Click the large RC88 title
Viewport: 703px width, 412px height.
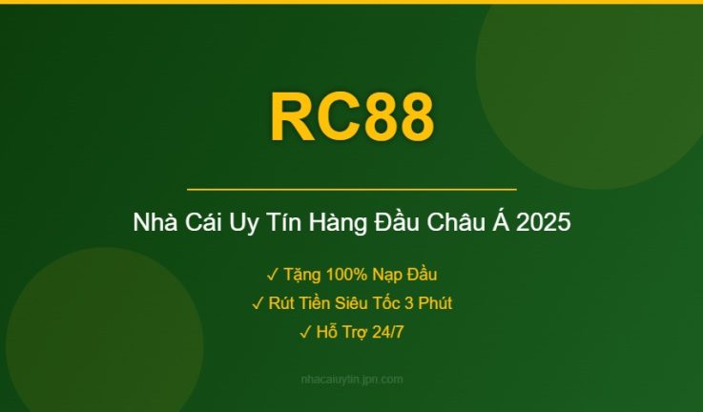[351, 118]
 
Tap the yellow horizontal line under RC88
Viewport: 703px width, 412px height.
[351, 190]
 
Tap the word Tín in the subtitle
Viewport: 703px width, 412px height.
[278, 224]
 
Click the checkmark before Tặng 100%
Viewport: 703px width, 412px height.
[272, 275]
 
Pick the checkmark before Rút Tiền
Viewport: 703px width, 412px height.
[258, 303]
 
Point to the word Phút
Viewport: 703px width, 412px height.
[431, 303]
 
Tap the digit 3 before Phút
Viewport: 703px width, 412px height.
[405, 303]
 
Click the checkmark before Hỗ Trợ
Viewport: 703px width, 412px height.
[304, 332]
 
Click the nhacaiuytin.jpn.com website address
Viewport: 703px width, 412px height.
[351, 380]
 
